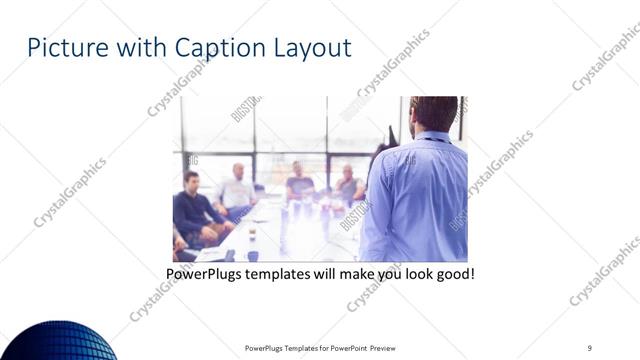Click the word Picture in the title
[x=61, y=47]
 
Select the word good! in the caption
[x=453, y=271]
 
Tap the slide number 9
[x=589, y=348]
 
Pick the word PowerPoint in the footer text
[x=347, y=348]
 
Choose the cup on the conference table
[x=252, y=237]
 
